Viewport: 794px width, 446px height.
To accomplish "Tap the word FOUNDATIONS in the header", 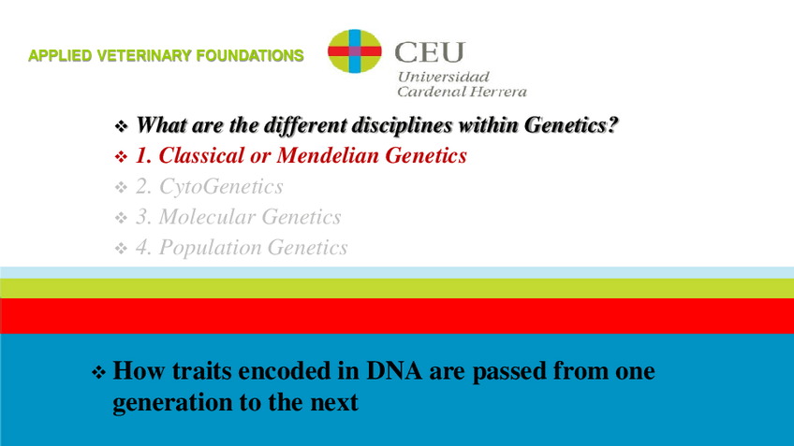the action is point(250,55).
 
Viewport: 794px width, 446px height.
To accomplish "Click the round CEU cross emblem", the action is point(355,51).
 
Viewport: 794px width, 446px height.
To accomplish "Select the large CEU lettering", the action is point(430,52).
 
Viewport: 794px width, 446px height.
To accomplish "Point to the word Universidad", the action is point(444,77).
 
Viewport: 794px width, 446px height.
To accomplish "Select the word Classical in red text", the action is point(201,156).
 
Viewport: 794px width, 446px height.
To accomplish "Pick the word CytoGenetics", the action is point(221,187).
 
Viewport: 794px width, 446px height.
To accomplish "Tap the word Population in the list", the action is point(210,248).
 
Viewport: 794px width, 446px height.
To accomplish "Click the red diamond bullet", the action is point(121,157).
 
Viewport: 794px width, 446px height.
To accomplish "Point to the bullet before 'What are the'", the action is point(121,126).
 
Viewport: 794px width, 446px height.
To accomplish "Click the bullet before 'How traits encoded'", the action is point(98,373).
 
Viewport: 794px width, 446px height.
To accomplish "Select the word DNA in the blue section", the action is point(394,370).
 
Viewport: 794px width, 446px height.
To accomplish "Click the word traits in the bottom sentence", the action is point(201,370).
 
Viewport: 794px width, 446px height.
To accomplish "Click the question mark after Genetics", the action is point(613,125).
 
